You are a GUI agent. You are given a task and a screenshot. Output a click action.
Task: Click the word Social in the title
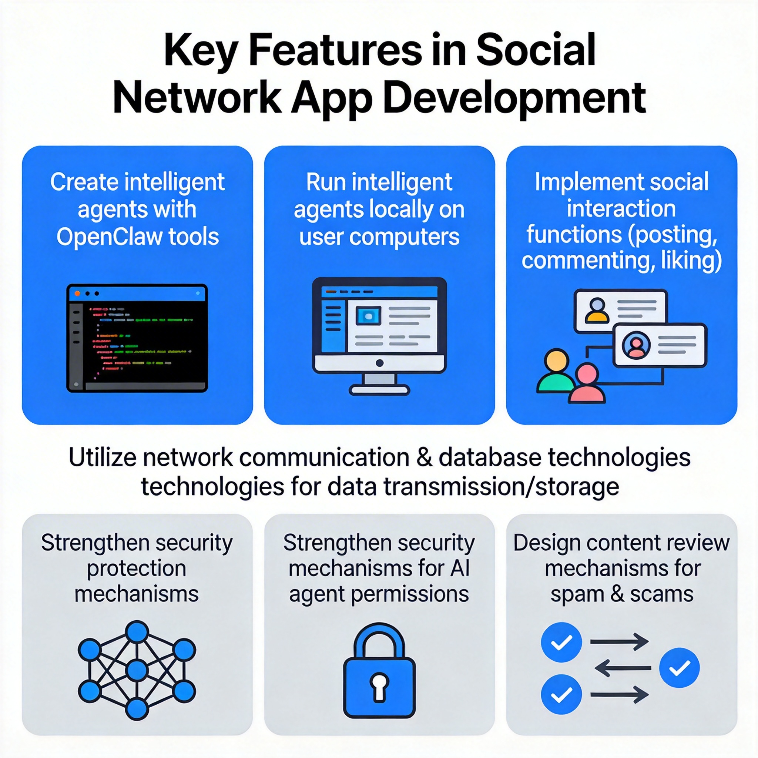(536, 51)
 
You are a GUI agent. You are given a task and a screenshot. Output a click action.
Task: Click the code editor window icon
(137, 338)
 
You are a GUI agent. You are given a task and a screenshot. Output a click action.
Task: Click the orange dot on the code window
(77, 294)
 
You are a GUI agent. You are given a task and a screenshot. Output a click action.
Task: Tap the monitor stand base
(379, 390)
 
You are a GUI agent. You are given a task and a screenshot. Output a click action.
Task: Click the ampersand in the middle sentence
(425, 458)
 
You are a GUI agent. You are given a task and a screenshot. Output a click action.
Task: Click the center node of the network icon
(137, 669)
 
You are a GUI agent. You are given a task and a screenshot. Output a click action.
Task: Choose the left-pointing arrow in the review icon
(623, 668)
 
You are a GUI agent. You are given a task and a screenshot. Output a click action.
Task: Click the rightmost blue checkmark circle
(679, 668)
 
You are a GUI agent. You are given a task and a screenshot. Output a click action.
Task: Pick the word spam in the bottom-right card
(576, 594)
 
